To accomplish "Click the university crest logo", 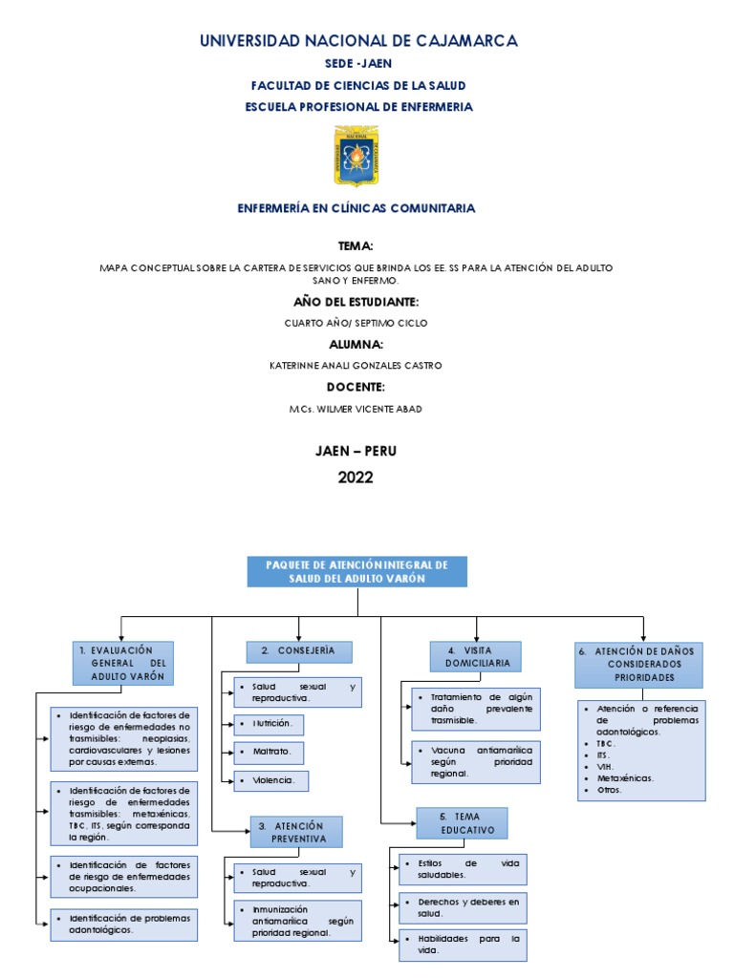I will coord(356,156).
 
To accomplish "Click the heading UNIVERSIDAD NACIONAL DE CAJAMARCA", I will coord(357,40).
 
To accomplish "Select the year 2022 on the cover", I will coord(356,478).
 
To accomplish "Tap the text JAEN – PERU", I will coord(356,451).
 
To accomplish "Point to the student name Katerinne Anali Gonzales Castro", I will coord(356,365).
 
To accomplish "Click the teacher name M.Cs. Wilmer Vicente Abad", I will coord(356,409).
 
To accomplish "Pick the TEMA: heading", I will coord(356,245).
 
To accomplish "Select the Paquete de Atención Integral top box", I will coord(357,571).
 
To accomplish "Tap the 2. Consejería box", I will coord(299,651).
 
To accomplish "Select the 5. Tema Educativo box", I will coord(462,823).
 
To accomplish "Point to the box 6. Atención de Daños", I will coord(638,664).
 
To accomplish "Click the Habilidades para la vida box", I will coord(459,945).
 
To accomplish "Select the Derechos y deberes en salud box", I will coord(459,907).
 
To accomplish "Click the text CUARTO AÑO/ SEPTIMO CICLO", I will coord(356,323).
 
